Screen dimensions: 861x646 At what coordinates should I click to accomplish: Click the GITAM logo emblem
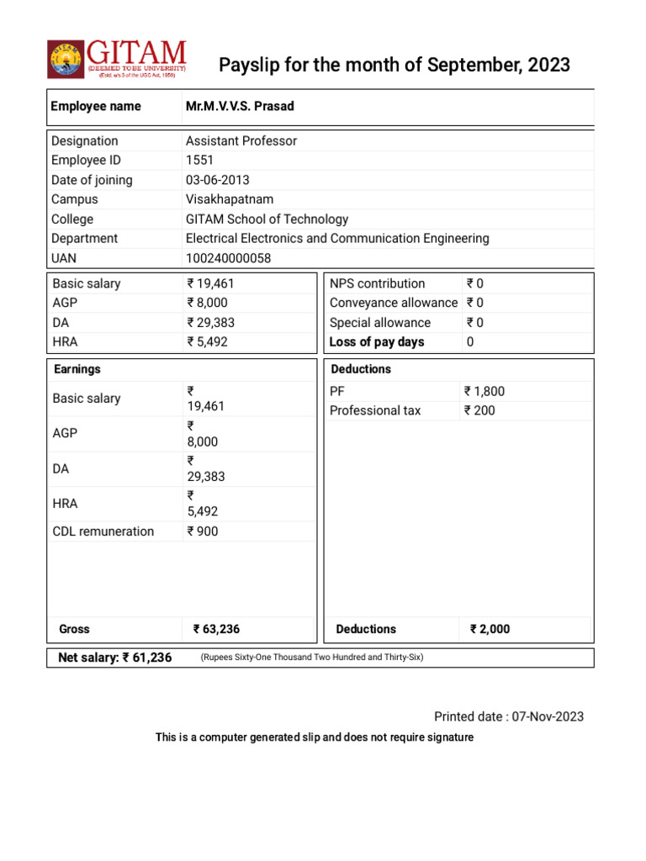coord(65,58)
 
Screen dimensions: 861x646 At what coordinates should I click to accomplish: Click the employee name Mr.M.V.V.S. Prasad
coord(240,106)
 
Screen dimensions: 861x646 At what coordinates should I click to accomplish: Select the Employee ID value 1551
coord(200,160)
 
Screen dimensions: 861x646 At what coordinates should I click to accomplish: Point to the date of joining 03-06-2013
coord(217,180)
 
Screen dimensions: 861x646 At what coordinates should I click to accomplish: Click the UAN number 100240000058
coord(228,258)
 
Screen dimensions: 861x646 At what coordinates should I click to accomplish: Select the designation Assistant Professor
coord(241,140)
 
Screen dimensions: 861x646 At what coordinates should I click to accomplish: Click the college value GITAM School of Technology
coord(267,219)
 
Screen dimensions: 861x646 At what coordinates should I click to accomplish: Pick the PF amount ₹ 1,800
coord(484,391)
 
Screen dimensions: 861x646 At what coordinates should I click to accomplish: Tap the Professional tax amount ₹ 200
coord(479,410)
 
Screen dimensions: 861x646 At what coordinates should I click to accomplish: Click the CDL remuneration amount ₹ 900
coord(202,531)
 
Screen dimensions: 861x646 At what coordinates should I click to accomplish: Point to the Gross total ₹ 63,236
coord(222,629)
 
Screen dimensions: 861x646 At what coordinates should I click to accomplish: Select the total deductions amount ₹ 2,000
coord(490,629)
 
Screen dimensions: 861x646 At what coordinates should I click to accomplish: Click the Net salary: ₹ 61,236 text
coord(114,658)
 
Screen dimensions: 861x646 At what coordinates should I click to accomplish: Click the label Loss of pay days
coord(377,342)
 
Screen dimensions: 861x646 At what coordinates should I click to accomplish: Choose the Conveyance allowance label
coord(393,303)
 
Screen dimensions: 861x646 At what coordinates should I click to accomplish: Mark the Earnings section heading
coord(77,369)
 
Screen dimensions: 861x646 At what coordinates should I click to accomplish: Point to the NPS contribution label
coord(377,283)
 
